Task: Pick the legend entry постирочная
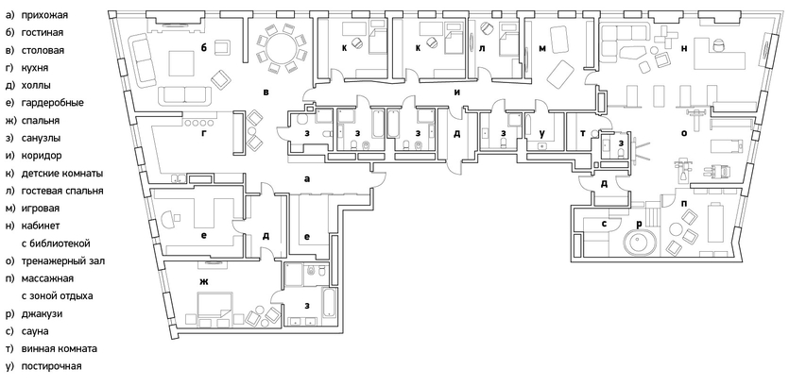56,366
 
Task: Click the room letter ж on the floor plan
203,282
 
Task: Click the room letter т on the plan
582,134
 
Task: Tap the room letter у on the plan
541,133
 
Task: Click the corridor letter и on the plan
457,92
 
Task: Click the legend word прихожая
50,14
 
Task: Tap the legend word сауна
43,331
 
